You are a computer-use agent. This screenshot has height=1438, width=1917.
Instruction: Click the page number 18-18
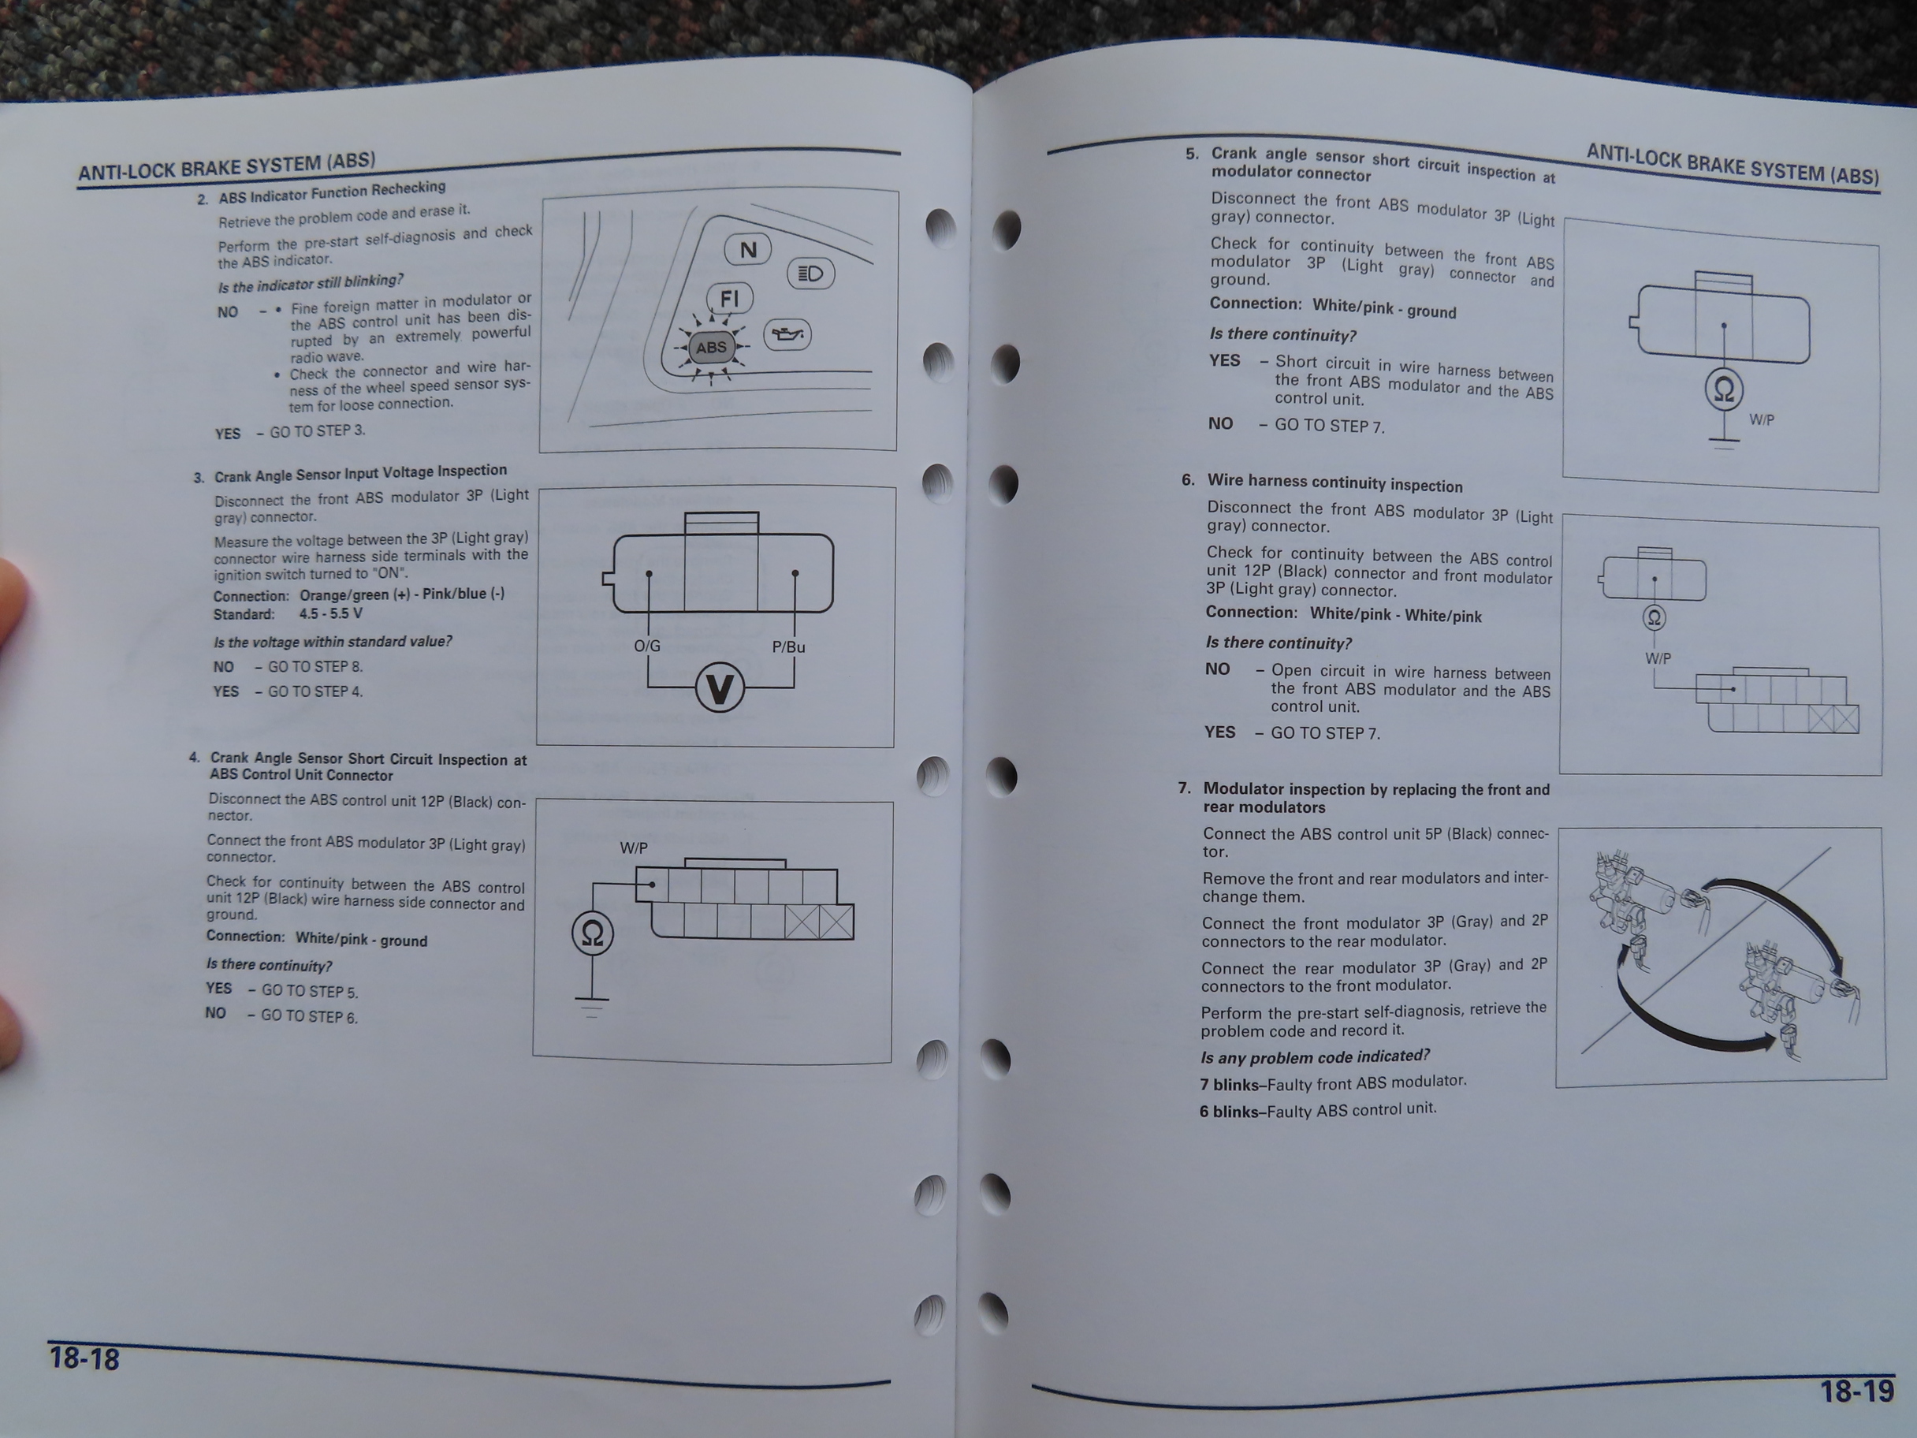(84, 1358)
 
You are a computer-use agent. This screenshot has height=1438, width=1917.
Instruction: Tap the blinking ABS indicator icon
(712, 348)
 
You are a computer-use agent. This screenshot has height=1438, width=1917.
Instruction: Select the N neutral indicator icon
(748, 251)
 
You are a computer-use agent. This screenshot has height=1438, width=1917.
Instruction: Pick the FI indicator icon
(730, 299)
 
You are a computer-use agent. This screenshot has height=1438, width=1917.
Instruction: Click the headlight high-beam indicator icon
(810, 274)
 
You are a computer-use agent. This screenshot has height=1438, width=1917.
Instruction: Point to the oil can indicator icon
(787, 334)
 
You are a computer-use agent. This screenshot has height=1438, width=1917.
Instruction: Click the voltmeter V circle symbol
(720, 688)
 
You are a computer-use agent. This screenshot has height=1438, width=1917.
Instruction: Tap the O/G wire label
(647, 646)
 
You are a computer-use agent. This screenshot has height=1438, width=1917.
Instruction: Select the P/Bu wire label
(789, 646)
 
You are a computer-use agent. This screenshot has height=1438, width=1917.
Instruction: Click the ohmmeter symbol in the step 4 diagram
(593, 933)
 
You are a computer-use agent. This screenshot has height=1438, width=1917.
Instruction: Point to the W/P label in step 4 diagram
(634, 848)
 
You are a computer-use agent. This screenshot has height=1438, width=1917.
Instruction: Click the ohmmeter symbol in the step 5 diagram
(1724, 390)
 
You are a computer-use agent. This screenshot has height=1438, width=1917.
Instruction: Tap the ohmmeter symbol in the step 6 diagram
(1655, 618)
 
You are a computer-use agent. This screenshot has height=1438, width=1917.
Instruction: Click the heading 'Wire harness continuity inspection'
(1334, 482)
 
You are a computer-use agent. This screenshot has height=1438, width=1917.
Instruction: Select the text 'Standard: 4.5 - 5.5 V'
(288, 613)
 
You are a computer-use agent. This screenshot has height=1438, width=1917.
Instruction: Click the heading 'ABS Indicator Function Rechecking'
(332, 192)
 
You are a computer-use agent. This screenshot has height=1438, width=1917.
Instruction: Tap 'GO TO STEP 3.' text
(317, 430)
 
